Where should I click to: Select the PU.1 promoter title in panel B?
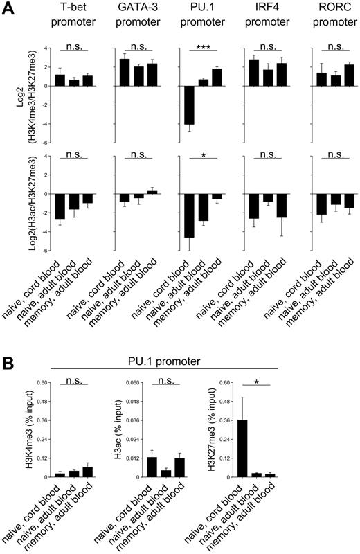click(x=181, y=361)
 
